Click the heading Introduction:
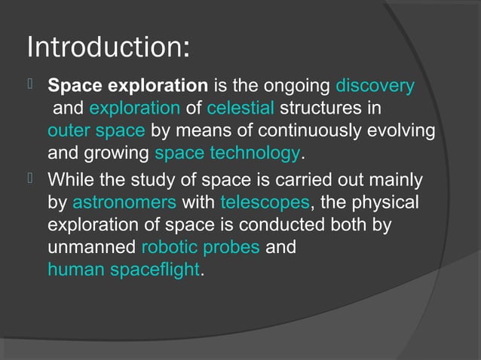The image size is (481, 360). pyautogui.click(x=107, y=47)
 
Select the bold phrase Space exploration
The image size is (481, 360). pyautogui.click(x=127, y=86)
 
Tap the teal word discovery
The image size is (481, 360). pyautogui.click(x=375, y=86)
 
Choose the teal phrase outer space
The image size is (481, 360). pyautogui.click(x=96, y=131)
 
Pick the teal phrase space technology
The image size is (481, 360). pyautogui.click(x=227, y=154)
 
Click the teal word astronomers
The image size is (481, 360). pyautogui.click(x=124, y=203)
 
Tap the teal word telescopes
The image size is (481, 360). pyautogui.click(x=265, y=203)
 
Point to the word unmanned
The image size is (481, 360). pyautogui.click(x=92, y=248)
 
